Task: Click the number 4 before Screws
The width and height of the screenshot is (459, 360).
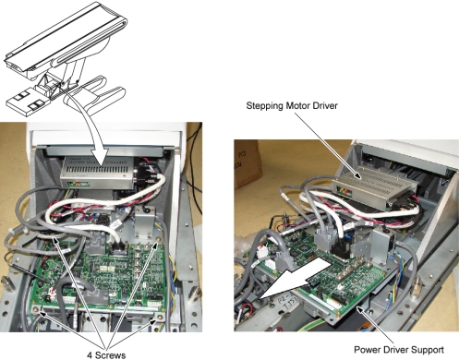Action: coord(90,355)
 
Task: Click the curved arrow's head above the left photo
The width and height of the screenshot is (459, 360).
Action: coord(100,158)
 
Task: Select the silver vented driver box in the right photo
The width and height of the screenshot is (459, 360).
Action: coord(375,190)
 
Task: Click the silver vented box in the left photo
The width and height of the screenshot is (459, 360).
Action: coord(97,173)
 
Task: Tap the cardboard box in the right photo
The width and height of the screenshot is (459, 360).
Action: coord(247,163)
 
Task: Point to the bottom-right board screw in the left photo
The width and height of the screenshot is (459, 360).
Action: coord(159,317)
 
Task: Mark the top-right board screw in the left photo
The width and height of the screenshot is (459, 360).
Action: coord(158,240)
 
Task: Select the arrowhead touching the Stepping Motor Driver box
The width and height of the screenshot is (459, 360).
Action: coord(357,175)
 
